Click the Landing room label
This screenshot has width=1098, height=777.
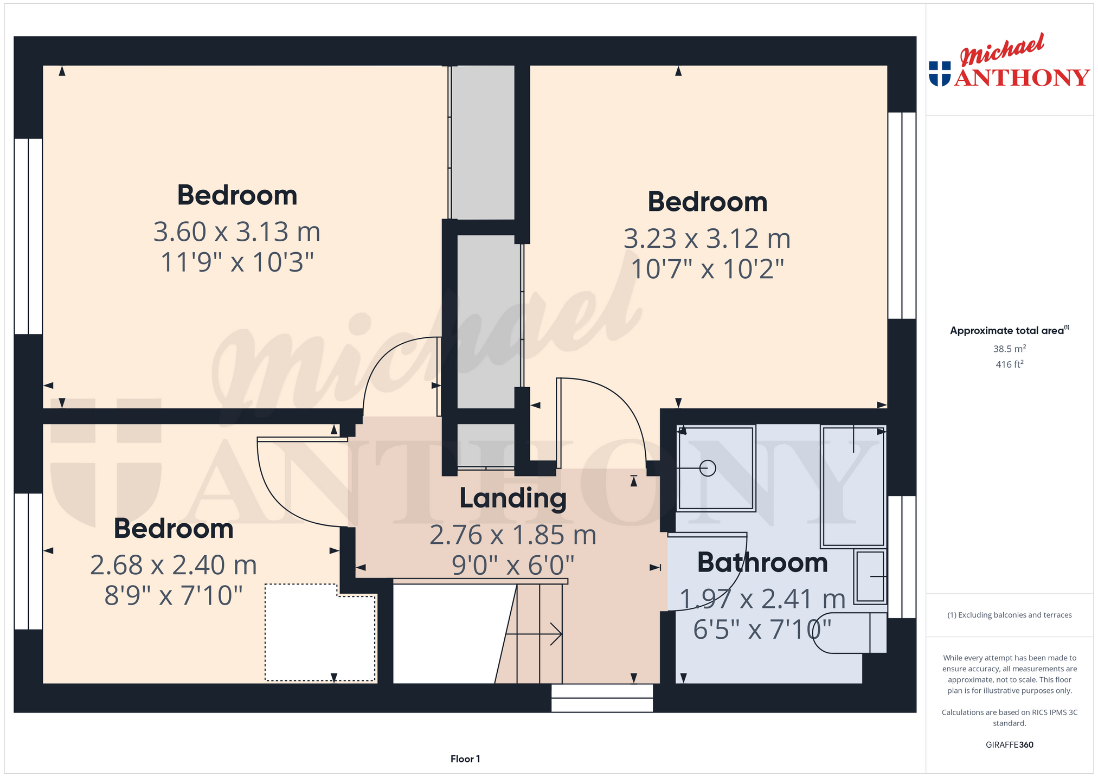tap(513, 499)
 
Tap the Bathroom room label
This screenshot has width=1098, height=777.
tap(762, 562)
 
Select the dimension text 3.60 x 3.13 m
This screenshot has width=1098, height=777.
tap(237, 232)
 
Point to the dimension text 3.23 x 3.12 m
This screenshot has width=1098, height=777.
tap(707, 239)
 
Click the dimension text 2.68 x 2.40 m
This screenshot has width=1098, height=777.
tap(174, 565)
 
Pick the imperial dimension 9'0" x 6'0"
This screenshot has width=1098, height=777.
tap(513, 565)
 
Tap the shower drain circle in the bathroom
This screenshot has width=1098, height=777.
tap(708, 468)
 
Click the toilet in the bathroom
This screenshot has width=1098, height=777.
tap(850, 633)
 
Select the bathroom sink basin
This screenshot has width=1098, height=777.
tap(870, 576)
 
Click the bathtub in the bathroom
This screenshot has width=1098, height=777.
tap(853, 486)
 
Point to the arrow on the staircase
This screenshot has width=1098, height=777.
tap(534, 634)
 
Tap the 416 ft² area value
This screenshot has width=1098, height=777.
tap(1009, 364)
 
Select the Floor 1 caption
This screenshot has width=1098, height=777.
tap(465, 759)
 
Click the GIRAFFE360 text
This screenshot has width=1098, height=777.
tap(1009, 745)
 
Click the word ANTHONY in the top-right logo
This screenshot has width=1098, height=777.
tap(1022, 78)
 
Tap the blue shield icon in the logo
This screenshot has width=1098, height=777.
tap(940, 74)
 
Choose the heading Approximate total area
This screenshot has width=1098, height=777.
tap(1009, 330)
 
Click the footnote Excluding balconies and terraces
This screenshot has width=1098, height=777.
tap(1009, 615)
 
